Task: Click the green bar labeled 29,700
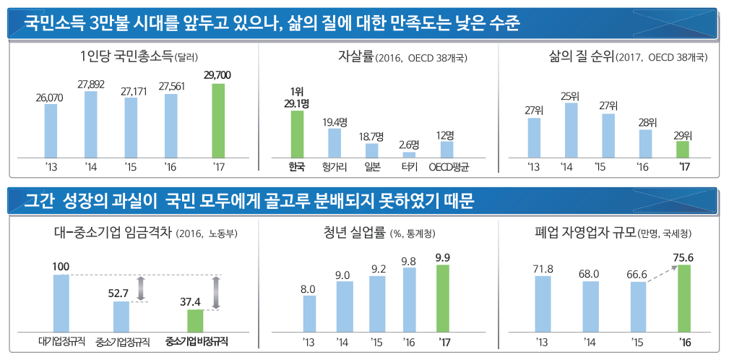coord(218,120)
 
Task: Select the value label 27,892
coord(91,84)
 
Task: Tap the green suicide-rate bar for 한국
coord(297,133)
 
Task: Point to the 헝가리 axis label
coord(335,167)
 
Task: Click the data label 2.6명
coord(409,144)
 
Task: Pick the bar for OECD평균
coord(447,148)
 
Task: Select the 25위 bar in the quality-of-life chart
coord(571,129)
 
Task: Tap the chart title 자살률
coord(355,56)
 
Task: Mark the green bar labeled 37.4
coord(195,319)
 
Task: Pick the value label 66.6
coord(638,273)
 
